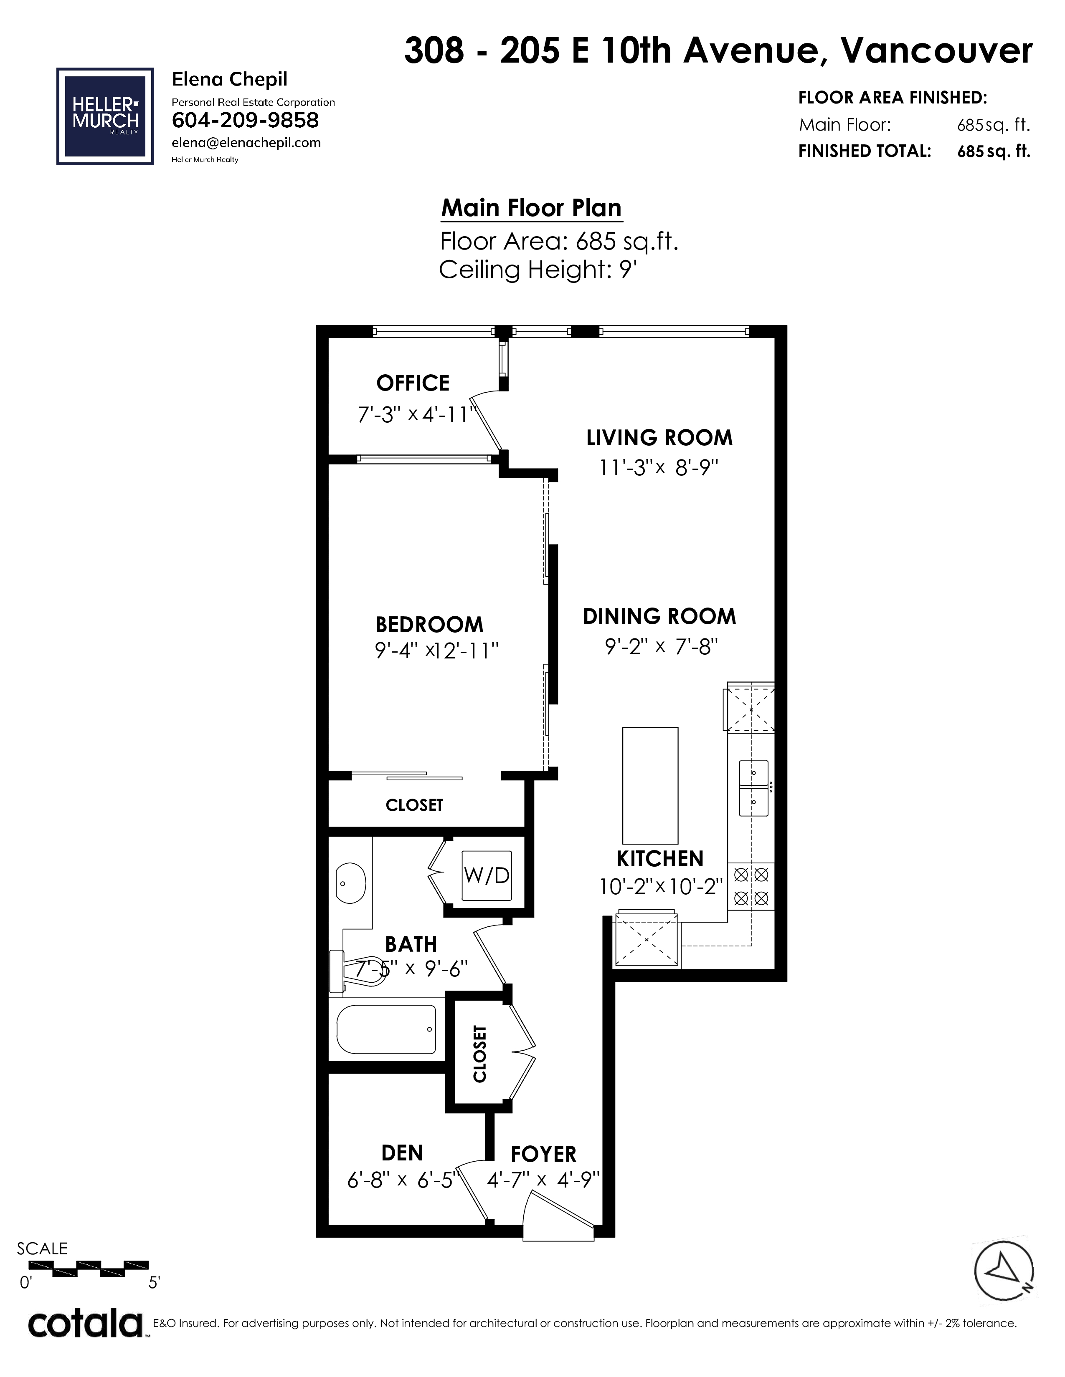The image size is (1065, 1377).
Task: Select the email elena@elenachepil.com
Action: [x=246, y=143]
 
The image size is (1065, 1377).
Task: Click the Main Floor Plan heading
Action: [x=531, y=208]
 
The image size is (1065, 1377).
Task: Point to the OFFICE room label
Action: [x=413, y=383]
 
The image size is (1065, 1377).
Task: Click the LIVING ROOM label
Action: [x=659, y=438]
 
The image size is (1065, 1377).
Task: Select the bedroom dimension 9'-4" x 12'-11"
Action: [x=436, y=650]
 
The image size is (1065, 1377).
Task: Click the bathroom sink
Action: [x=350, y=883]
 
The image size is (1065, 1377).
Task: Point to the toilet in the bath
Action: [x=357, y=971]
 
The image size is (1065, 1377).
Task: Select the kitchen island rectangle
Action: [x=650, y=786]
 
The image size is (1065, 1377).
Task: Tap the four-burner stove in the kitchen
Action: [x=751, y=886]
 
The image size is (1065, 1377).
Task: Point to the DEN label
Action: [x=402, y=1153]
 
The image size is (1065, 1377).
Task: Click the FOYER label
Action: [x=543, y=1155]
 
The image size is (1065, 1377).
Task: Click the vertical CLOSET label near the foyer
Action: [x=480, y=1056]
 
